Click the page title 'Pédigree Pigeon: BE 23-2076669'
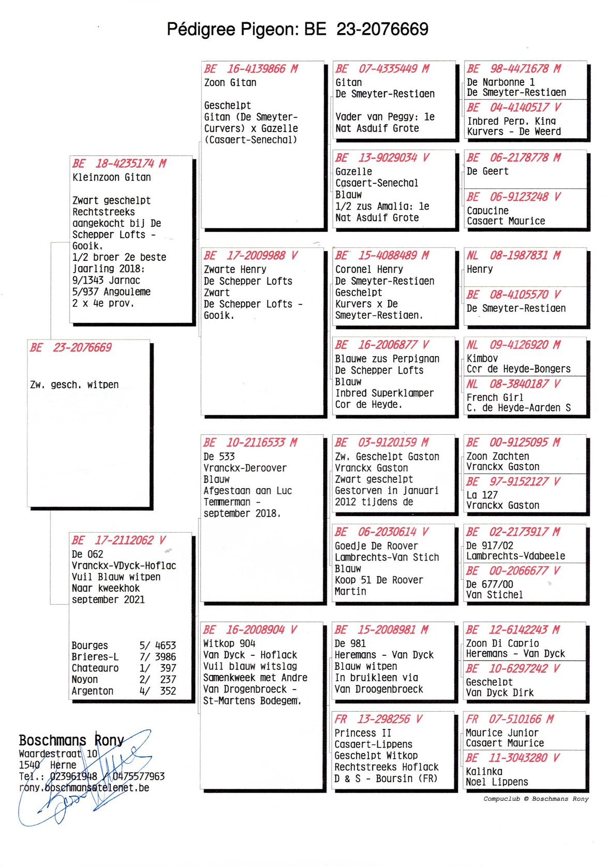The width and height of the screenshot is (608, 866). [x=297, y=29]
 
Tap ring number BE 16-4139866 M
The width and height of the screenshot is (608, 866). [x=251, y=69]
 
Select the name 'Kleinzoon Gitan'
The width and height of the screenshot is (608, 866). [x=112, y=177]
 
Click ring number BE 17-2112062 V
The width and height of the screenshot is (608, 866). [x=118, y=540]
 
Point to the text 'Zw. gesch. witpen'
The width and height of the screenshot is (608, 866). [x=75, y=385]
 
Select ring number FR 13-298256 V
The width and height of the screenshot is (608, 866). [x=378, y=719]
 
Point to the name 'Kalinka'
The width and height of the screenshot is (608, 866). [x=484, y=771]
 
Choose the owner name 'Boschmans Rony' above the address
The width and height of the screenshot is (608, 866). [x=71, y=740]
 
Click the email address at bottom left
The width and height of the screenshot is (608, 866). [x=84, y=788]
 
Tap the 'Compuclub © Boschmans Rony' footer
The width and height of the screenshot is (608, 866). [x=536, y=799]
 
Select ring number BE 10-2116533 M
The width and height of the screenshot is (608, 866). [x=250, y=443]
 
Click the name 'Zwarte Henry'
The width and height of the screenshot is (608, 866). [x=235, y=269]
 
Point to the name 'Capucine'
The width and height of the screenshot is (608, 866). [x=487, y=211]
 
